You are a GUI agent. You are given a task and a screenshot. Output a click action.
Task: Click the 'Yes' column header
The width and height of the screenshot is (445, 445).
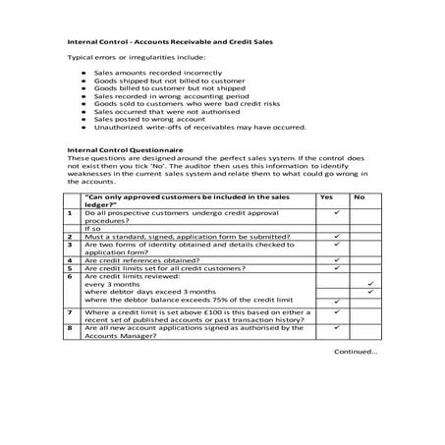click(x=326, y=197)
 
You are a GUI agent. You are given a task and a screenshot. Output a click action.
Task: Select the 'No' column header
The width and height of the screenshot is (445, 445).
click(x=359, y=197)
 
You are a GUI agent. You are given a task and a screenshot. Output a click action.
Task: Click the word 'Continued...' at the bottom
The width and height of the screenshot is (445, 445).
click(x=355, y=351)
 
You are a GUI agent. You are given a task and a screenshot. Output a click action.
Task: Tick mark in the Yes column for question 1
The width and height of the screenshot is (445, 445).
click(x=337, y=212)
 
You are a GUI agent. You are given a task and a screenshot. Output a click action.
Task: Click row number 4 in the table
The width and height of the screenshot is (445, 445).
click(x=70, y=259)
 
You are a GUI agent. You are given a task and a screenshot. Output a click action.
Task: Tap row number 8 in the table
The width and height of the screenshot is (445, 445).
click(x=70, y=327)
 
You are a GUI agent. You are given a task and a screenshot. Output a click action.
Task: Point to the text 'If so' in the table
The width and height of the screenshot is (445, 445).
click(x=93, y=228)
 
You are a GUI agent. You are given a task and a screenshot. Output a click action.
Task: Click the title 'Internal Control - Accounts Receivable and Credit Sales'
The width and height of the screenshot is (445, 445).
click(x=168, y=43)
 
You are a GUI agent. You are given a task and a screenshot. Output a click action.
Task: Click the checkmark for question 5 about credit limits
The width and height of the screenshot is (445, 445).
click(x=337, y=267)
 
